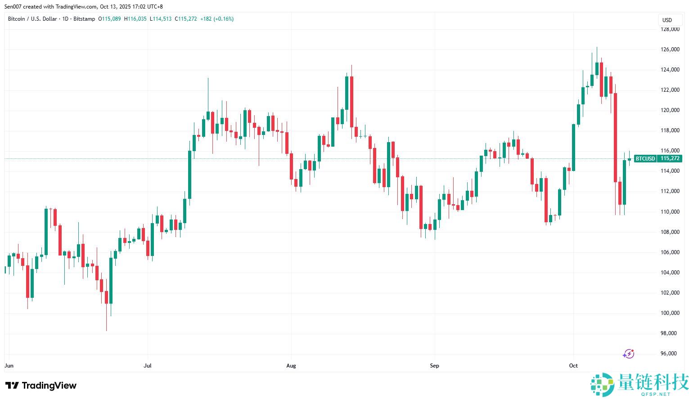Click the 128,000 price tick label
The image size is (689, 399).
point(670,29)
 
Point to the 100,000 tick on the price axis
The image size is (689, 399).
point(670,313)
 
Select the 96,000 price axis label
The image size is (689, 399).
point(670,354)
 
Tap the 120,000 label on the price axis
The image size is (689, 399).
point(670,110)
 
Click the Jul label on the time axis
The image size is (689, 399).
point(148,366)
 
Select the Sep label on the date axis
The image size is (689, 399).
point(434,366)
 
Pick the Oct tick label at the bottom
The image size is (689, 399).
point(573,366)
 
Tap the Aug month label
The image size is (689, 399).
point(291,366)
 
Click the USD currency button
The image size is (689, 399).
point(667,20)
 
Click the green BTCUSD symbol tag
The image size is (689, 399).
point(645,158)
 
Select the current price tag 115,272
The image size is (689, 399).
point(670,158)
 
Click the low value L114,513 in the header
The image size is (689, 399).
point(161,19)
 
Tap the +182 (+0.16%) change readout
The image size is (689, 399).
point(217,19)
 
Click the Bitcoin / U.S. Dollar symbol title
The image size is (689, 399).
point(32,19)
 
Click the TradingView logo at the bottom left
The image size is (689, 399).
point(41,386)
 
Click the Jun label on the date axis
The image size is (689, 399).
point(9,366)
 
